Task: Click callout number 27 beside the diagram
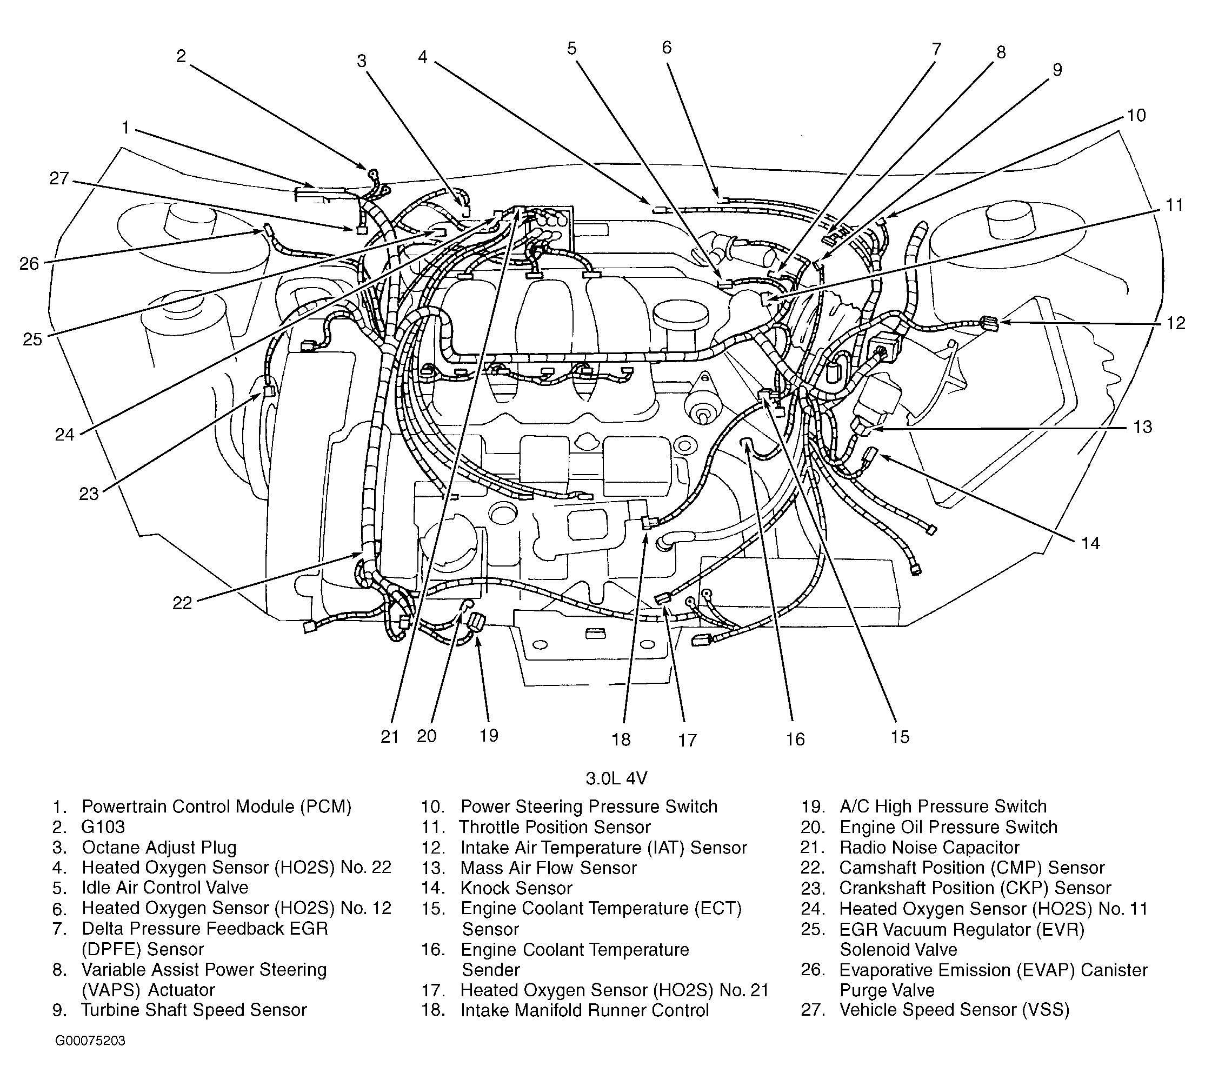59,178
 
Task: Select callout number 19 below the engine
489,735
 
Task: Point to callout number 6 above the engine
667,48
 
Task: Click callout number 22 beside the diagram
182,603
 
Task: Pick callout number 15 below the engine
900,737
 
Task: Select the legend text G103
103,827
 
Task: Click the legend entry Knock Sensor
516,889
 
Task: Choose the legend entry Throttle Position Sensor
555,827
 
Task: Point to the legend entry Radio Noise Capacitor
929,847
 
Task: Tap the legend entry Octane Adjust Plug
159,847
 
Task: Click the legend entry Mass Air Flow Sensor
548,868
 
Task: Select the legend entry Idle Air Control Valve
165,888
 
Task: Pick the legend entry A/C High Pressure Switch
943,807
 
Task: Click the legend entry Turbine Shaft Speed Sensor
194,1010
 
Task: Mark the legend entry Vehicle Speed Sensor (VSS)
954,1010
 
